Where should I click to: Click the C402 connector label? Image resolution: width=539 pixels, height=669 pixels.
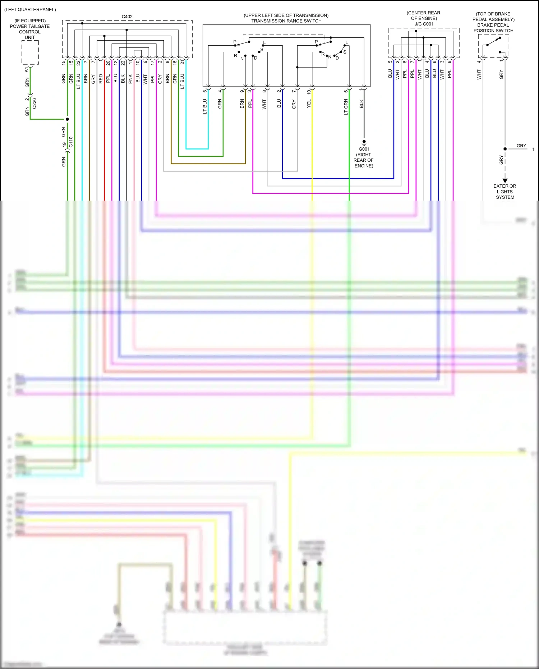click(x=127, y=17)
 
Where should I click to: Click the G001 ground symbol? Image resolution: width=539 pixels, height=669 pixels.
click(x=364, y=142)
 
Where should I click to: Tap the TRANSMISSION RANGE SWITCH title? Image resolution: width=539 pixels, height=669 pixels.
click(x=286, y=21)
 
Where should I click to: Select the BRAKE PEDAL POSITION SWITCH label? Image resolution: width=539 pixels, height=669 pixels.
click(x=493, y=28)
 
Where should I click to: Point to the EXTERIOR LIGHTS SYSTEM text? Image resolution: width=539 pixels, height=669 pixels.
click(x=505, y=192)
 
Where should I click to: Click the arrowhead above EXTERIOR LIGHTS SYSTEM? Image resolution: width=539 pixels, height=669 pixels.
click(x=505, y=180)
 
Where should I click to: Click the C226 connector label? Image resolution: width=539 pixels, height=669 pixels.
click(x=34, y=104)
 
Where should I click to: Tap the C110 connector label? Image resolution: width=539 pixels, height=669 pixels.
click(x=71, y=142)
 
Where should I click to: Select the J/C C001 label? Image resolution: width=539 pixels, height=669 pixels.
click(x=424, y=24)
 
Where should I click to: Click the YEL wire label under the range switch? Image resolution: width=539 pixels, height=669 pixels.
click(x=309, y=104)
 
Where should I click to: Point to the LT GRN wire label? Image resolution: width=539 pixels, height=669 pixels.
click(x=346, y=107)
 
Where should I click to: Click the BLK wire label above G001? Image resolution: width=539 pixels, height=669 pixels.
click(x=361, y=104)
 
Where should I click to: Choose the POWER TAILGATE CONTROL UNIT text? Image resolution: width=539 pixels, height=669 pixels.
click(x=30, y=29)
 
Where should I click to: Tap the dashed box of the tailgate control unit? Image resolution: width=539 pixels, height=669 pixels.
click(x=30, y=52)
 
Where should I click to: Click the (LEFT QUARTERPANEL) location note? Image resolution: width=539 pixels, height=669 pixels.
click(x=30, y=10)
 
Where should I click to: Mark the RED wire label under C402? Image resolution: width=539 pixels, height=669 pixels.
click(x=101, y=79)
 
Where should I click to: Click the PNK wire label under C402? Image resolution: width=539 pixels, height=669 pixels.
click(x=130, y=79)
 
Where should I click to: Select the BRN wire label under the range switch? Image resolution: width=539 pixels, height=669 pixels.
click(x=242, y=104)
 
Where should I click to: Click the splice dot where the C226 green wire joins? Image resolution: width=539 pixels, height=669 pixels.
click(x=67, y=119)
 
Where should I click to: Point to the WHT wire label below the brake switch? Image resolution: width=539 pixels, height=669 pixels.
click(x=479, y=75)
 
